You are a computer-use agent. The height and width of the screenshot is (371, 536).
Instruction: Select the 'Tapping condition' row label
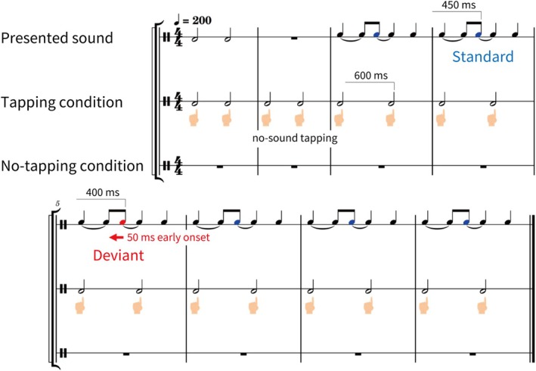point(62,101)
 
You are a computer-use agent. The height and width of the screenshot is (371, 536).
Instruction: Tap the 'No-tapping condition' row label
point(72,166)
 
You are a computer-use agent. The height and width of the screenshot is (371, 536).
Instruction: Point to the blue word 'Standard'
point(482,56)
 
